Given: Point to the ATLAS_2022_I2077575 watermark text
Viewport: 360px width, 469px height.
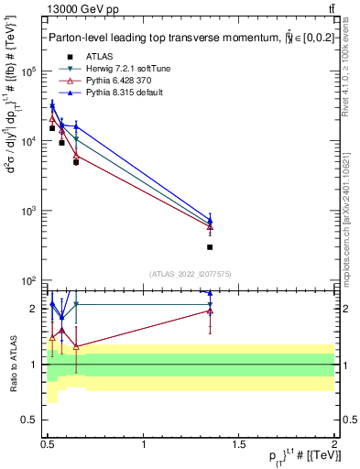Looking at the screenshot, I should click(191, 273).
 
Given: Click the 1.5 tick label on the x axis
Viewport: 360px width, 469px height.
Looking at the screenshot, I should click(240, 443).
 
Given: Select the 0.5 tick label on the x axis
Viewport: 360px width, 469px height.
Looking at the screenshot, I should click(49, 443).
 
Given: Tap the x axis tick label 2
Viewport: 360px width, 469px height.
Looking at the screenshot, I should click(335, 443).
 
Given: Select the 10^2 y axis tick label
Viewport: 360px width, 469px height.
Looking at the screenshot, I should click(30, 280).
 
